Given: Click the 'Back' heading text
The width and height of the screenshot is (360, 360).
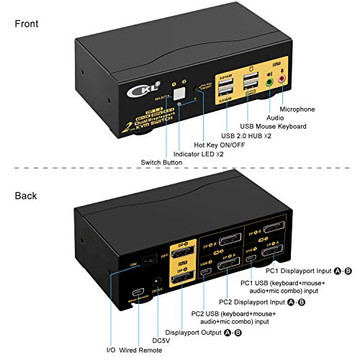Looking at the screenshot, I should point(26,195).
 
